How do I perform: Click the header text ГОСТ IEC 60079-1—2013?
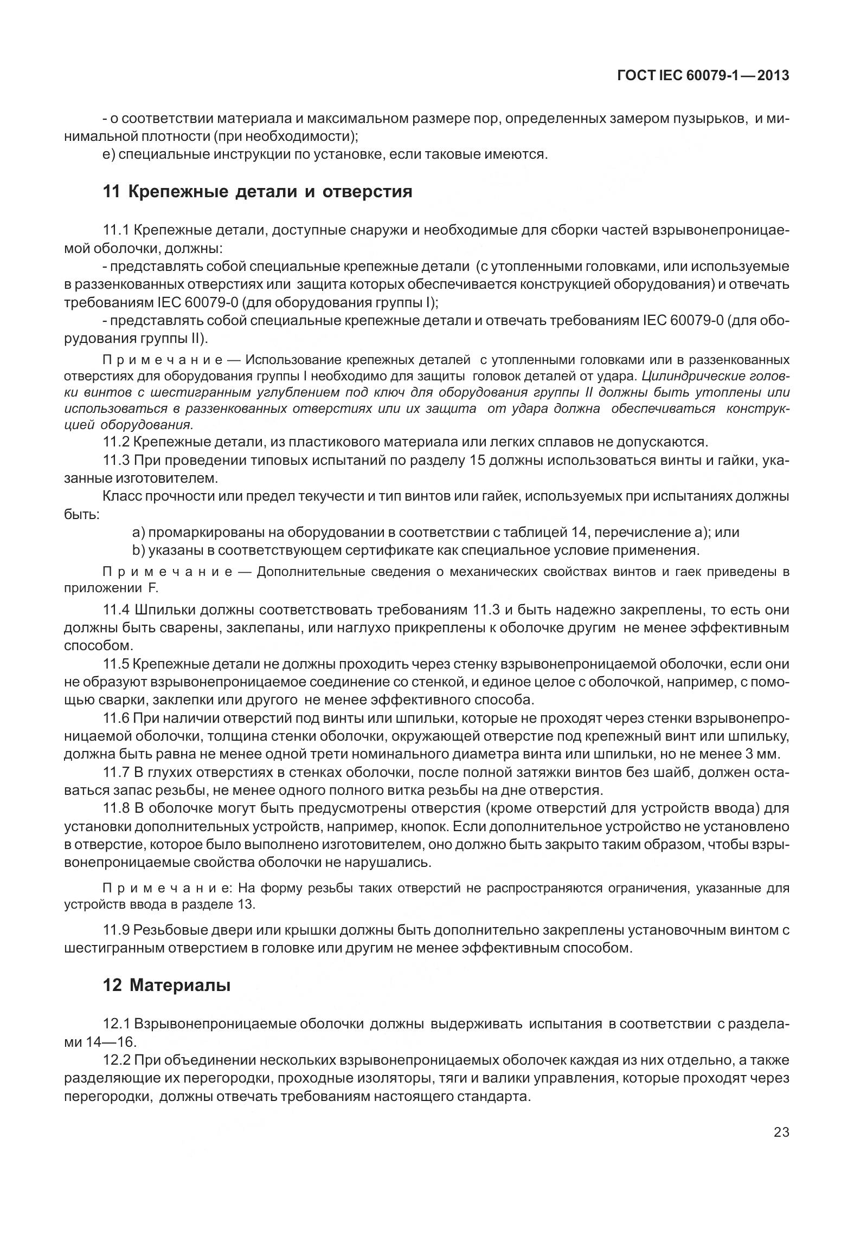(703, 76)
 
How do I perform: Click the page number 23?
(781, 1145)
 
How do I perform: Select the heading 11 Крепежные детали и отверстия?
(257, 192)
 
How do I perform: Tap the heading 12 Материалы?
(166, 986)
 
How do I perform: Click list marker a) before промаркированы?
(138, 532)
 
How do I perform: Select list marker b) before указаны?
(138, 551)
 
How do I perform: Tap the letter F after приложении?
(152, 589)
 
